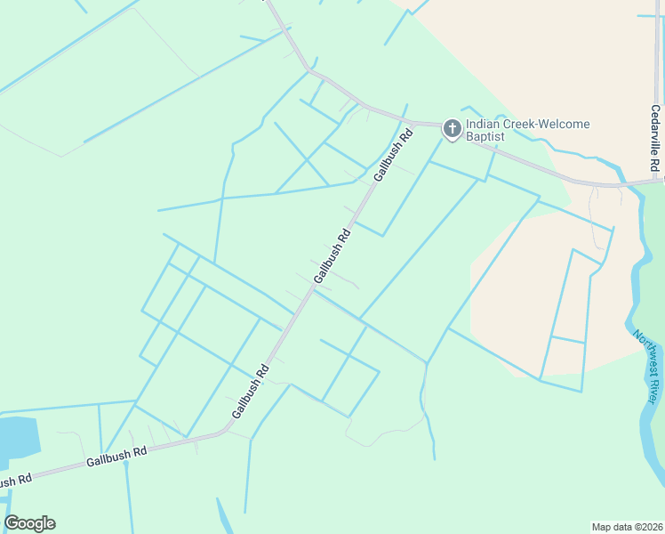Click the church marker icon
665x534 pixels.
pyautogui.click(x=452, y=129)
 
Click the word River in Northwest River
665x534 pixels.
pyautogui.click(x=656, y=393)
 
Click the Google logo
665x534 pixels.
pyautogui.click(x=29, y=523)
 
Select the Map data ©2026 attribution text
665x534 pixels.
pyautogui.click(x=627, y=527)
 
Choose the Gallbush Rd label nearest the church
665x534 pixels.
pyautogui.click(x=394, y=156)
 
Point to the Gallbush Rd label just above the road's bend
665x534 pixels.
pyautogui.click(x=251, y=392)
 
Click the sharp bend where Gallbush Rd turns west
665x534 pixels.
pyautogui.click(x=225, y=432)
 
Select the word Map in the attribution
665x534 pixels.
pyautogui.click(x=602, y=527)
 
